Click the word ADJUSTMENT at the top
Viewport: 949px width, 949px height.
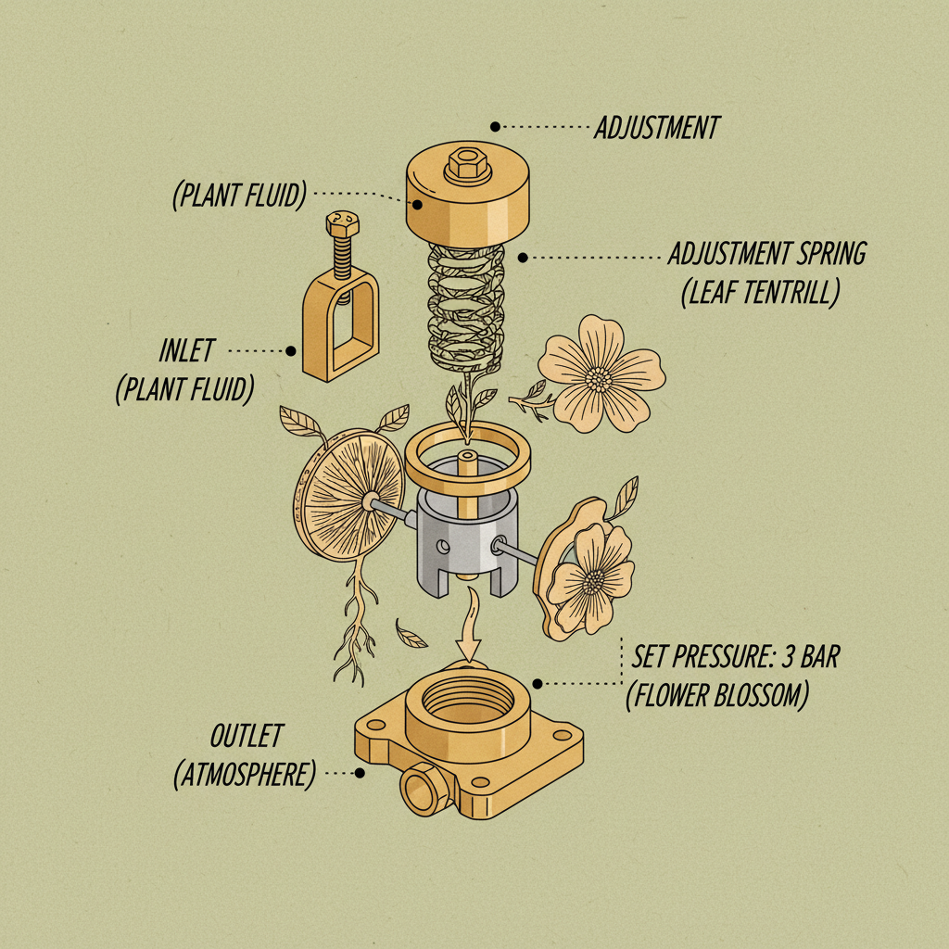click(x=656, y=127)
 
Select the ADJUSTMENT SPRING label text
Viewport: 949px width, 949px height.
click(x=767, y=253)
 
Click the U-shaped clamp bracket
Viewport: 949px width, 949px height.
click(x=340, y=329)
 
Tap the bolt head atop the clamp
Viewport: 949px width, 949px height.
click(x=338, y=224)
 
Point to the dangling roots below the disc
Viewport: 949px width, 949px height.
click(x=353, y=630)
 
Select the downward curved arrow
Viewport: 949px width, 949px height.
click(x=470, y=630)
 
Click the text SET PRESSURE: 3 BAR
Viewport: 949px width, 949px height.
click(x=735, y=658)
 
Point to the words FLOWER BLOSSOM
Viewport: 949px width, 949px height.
click(x=716, y=695)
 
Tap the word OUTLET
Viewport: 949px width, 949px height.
click(x=246, y=737)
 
